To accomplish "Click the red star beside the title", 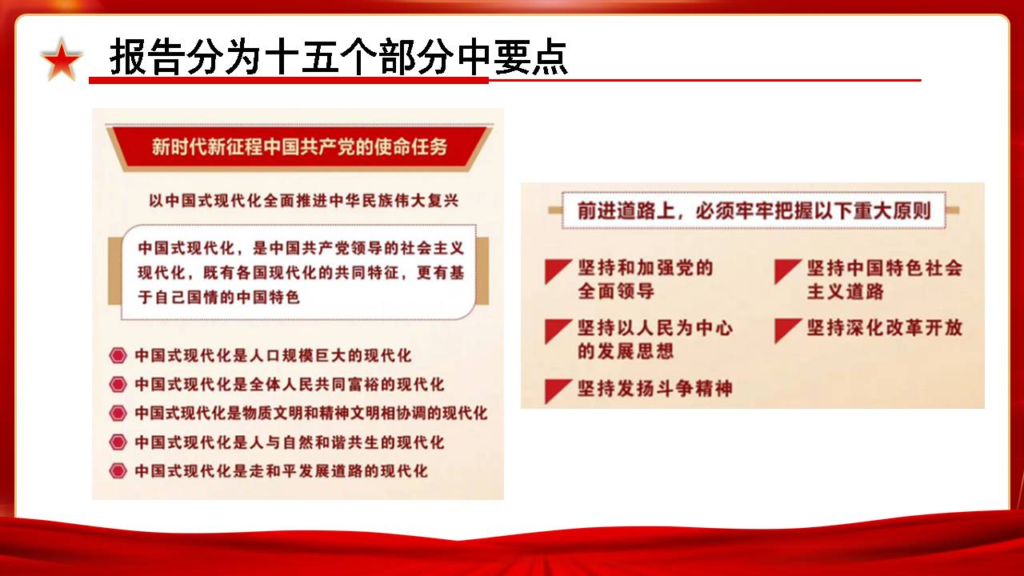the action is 62,60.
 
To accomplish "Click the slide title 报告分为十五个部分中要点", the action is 338,57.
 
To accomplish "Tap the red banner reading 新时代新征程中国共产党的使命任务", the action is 299,147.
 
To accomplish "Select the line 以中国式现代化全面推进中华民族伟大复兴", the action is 303,201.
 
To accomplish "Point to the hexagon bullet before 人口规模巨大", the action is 118,356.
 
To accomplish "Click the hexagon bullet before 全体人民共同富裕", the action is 118,385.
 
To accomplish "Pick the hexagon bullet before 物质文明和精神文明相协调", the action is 118,414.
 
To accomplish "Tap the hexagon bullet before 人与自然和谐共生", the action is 118,442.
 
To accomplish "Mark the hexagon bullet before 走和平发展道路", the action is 118,471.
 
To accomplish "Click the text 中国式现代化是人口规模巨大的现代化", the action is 273,356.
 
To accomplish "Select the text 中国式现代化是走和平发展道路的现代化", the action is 281,471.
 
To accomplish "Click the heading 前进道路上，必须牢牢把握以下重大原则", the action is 754,210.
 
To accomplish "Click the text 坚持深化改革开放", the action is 885,328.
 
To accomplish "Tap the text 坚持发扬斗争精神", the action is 655,389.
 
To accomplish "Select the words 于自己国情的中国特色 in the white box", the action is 219,297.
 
